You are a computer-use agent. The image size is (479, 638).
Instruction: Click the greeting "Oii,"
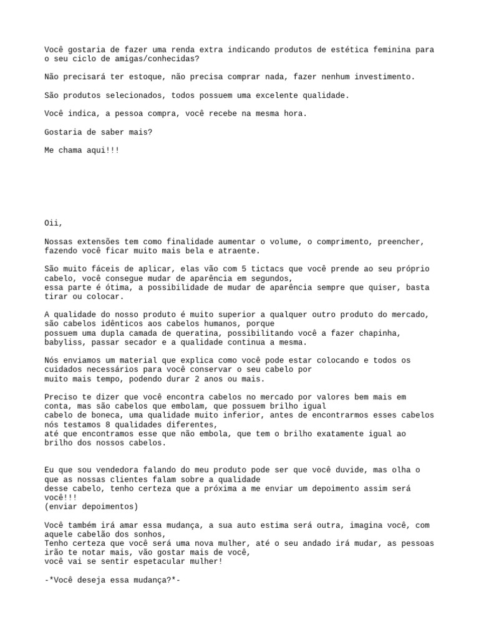coord(54,223)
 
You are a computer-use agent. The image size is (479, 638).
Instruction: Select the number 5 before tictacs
coord(243,269)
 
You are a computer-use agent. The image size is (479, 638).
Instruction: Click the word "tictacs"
coord(266,269)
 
